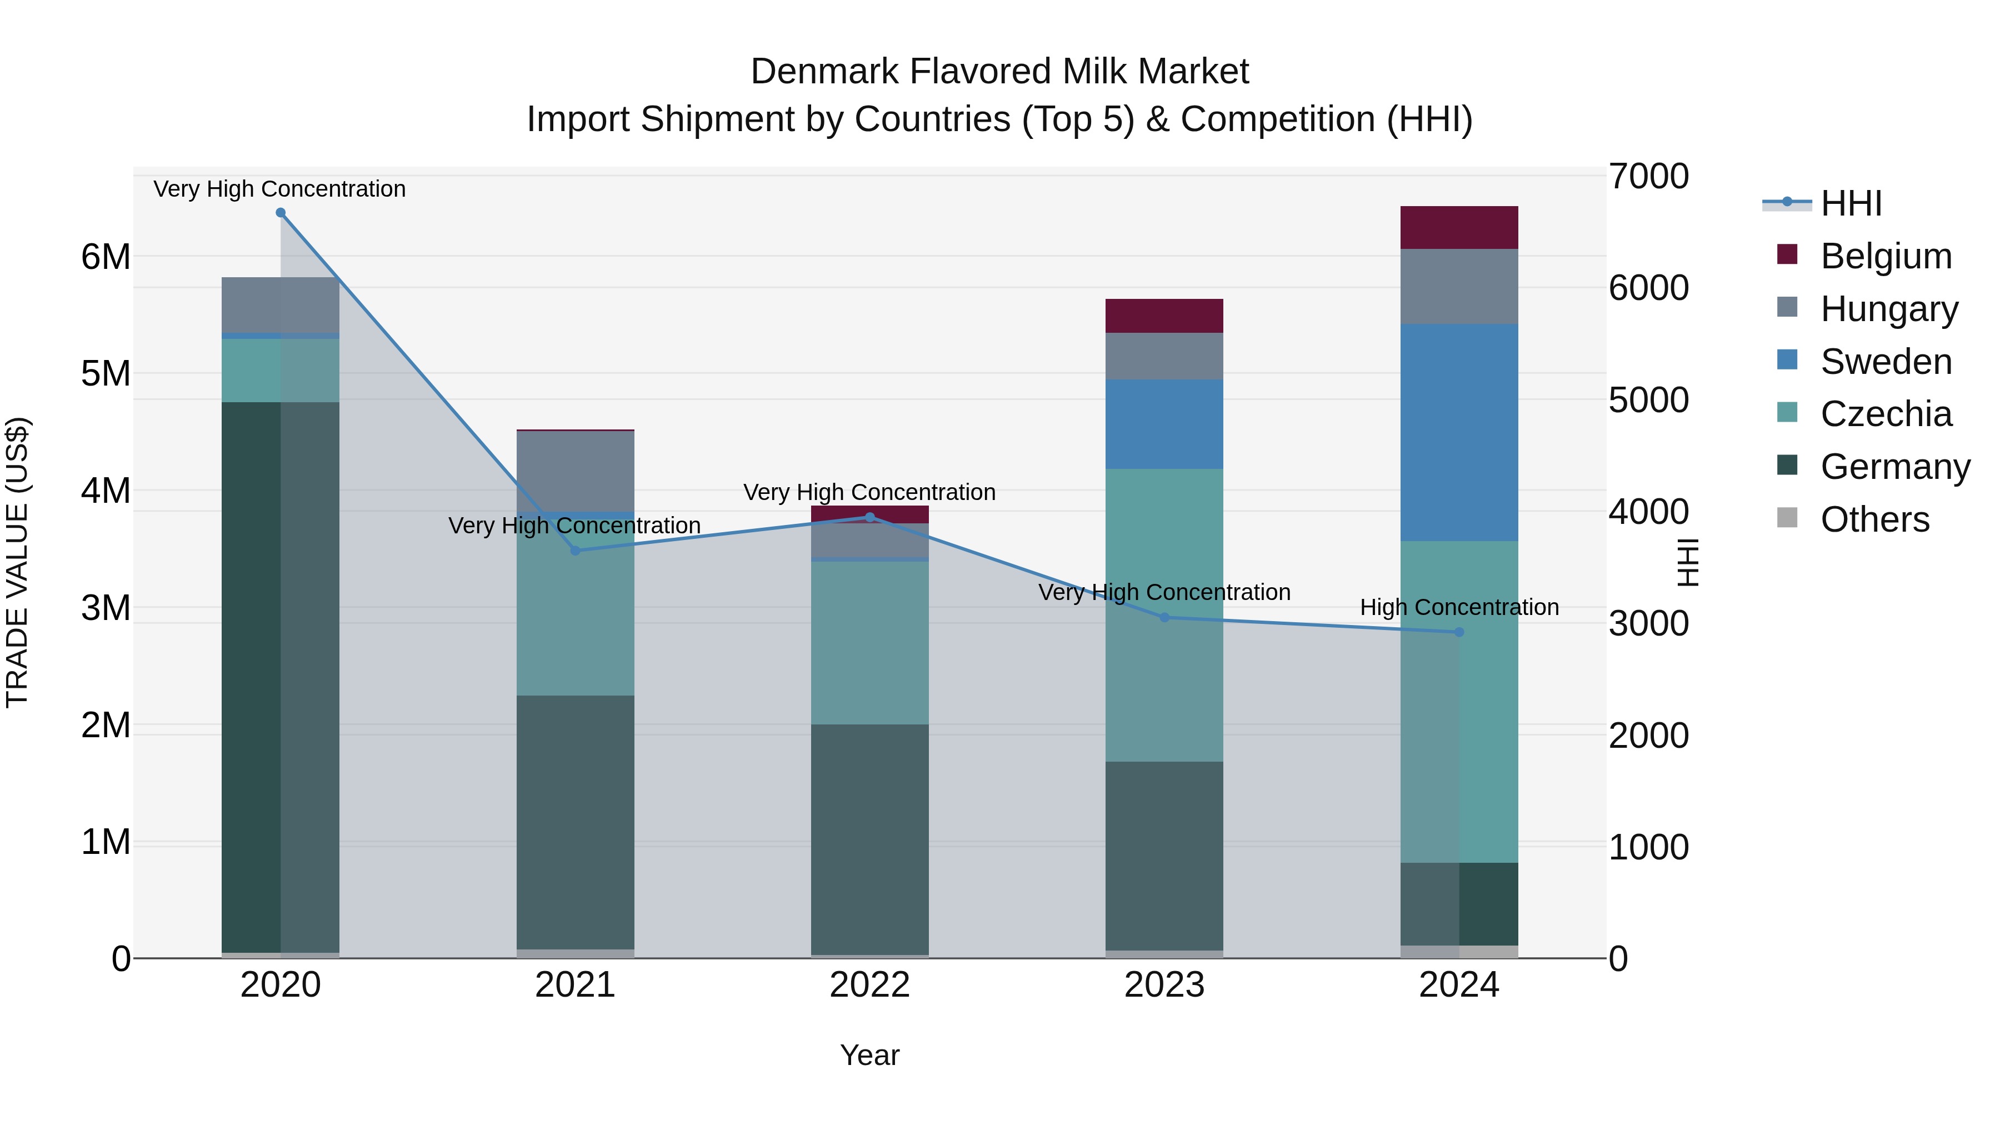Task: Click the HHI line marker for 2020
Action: (x=281, y=213)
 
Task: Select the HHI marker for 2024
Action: (x=1459, y=632)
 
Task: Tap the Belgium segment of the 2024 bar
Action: (x=1459, y=227)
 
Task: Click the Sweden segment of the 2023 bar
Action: (x=1164, y=424)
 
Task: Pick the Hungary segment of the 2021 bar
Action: (x=576, y=471)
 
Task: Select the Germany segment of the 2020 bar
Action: (x=281, y=676)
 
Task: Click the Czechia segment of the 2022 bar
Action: (x=869, y=643)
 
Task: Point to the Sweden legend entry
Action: (x=1885, y=362)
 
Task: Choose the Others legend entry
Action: (x=1874, y=519)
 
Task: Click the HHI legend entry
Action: (x=1850, y=203)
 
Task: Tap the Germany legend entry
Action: (x=1894, y=467)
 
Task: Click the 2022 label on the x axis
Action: (x=869, y=984)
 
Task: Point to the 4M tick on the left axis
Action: (x=106, y=491)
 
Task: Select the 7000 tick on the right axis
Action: (x=1648, y=176)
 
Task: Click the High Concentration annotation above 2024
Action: (x=1459, y=607)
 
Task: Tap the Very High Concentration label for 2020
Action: (x=279, y=189)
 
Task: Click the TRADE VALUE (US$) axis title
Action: (x=17, y=562)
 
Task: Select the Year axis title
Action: (x=869, y=1055)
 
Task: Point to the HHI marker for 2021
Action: (x=576, y=551)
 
